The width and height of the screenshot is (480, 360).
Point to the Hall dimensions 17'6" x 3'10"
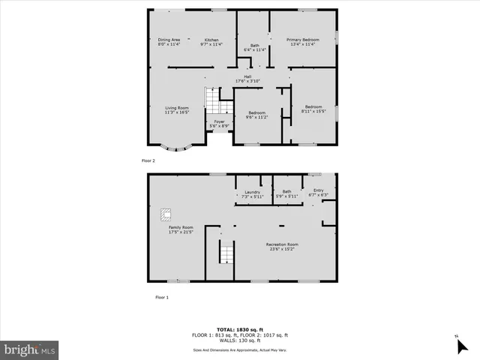coord(247,81)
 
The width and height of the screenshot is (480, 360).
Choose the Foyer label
coord(219,123)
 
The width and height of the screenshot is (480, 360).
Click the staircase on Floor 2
coord(212,100)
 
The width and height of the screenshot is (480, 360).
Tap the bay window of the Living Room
coord(177,148)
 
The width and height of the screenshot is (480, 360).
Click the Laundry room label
coord(252,193)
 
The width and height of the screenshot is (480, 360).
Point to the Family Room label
coord(181,229)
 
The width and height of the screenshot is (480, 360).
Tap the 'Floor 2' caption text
coord(148,160)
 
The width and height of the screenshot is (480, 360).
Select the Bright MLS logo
coord(30,349)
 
